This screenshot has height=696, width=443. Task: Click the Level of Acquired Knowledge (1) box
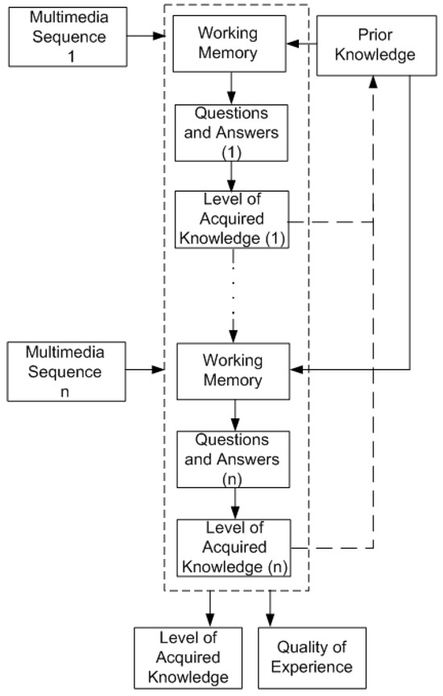[233, 219]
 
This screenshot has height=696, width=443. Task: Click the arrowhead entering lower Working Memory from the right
[297, 370]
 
